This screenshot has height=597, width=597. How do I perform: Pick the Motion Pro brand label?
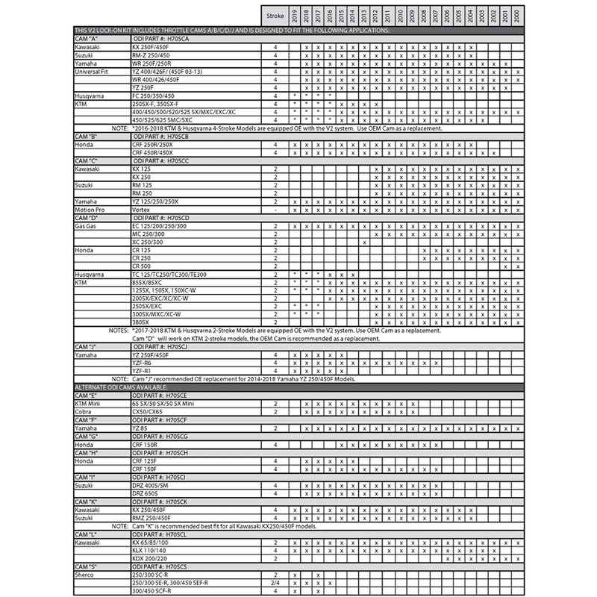pyautogui.click(x=90, y=210)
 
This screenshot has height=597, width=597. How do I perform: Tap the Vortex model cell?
pyautogui.click(x=140, y=210)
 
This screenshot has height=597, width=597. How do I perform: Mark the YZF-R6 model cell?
pyautogui.click(x=142, y=363)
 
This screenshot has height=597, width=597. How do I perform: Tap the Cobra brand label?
pyautogui.click(x=83, y=411)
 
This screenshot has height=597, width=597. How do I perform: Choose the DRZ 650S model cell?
pyautogui.click(x=145, y=493)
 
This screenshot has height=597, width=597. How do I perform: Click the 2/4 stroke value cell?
pyautogui.click(x=275, y=583)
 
